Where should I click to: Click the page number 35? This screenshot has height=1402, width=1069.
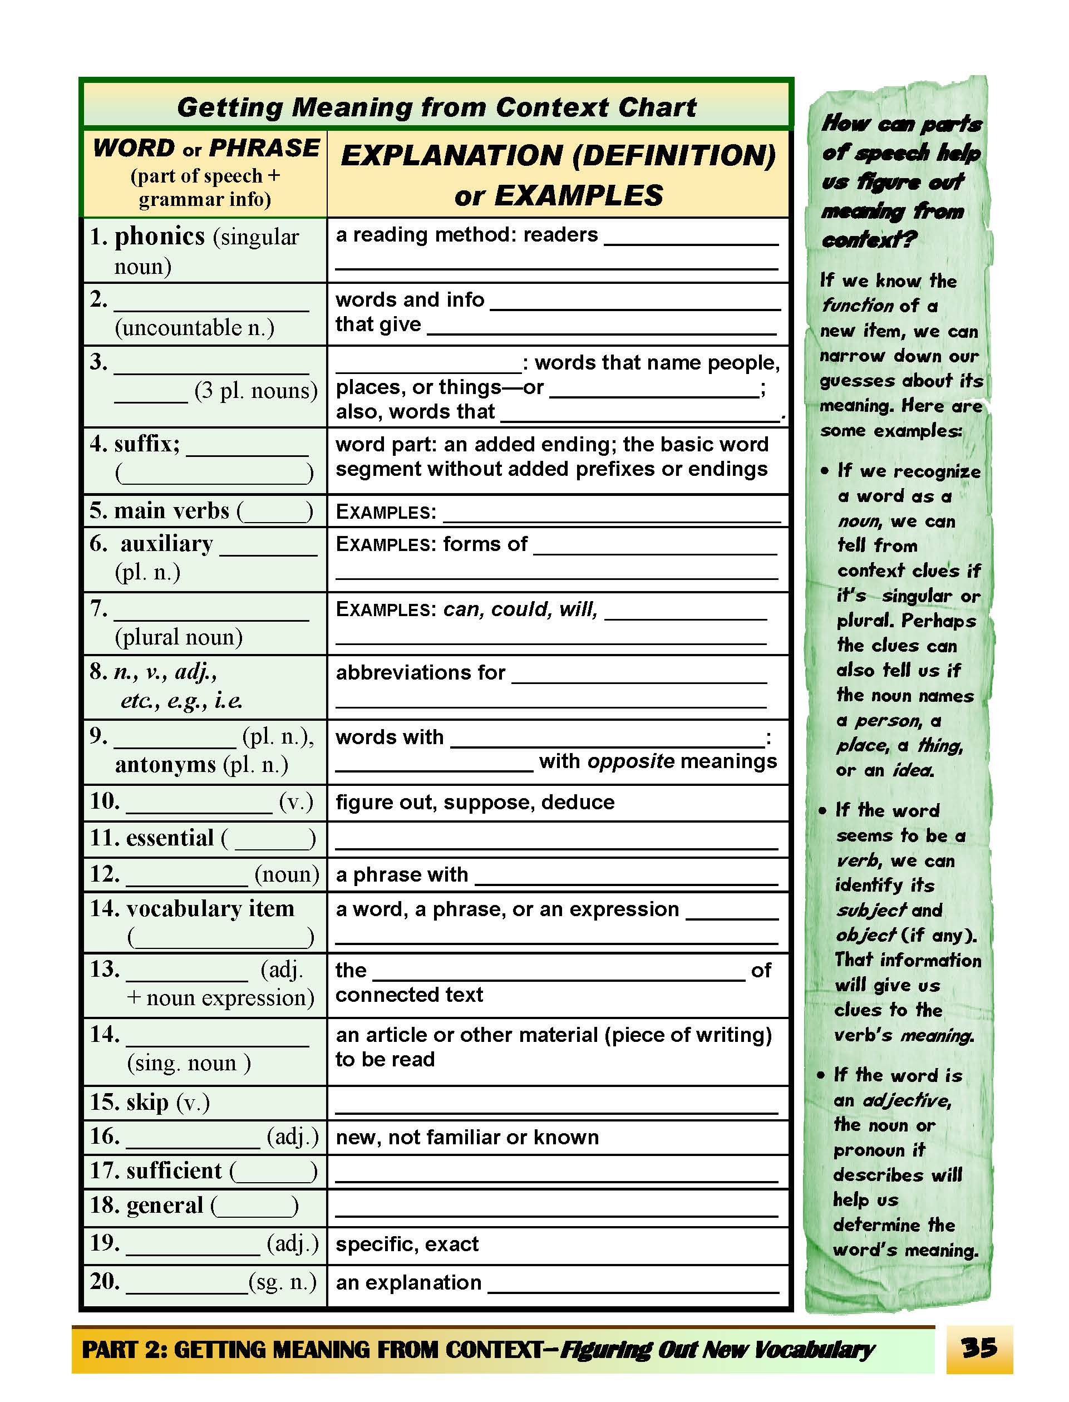pos(979,1347)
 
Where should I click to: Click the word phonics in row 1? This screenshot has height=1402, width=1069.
pos(160,237)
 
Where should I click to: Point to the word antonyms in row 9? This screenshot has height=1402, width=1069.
pos(165,764)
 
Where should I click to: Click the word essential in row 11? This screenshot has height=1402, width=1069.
pos(170,838)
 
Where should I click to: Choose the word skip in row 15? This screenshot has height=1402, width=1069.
pos(147,1101)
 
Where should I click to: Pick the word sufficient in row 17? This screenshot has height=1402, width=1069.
pos(174,1170)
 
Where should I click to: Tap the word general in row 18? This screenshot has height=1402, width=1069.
pos(164,1205)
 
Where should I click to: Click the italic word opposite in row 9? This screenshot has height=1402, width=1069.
pos(630,761)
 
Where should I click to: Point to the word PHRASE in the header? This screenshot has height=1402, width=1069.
pos(264,148)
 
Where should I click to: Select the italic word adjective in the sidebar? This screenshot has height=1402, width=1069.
pos(906,1100)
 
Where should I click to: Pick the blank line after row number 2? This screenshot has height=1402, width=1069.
pos(211,309)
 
